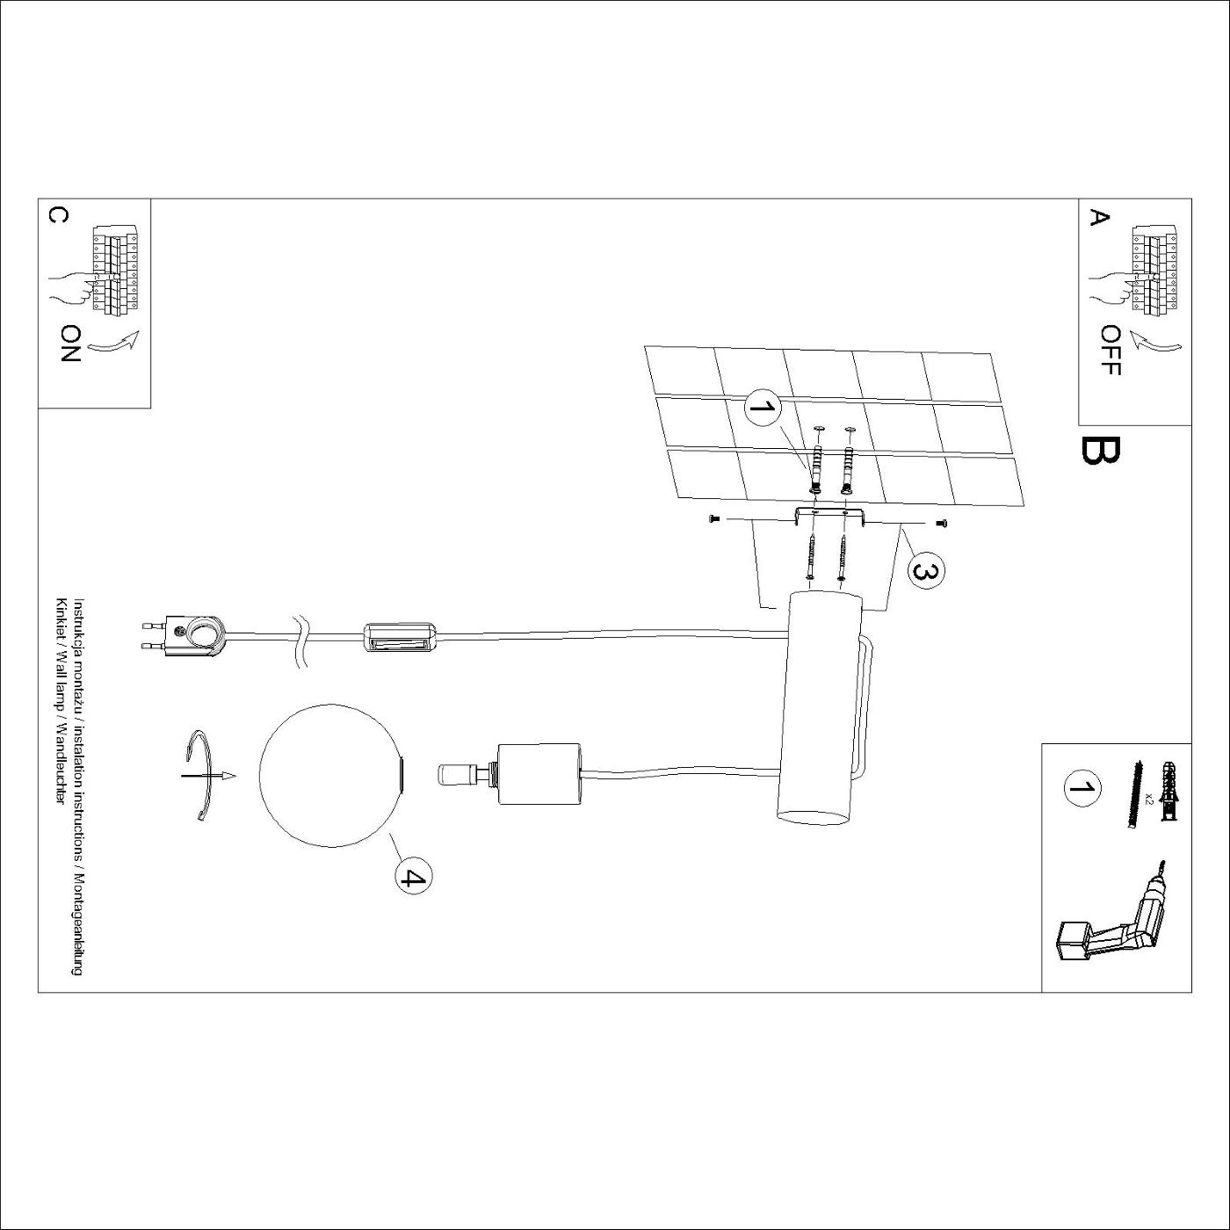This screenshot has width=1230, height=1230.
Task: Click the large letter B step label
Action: click(x=1100, y=451)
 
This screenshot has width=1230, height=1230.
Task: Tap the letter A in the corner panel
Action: click(x=1099, y=218)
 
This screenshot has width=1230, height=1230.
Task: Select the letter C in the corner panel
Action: click(x=58, y=216)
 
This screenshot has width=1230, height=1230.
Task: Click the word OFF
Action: click(x=1111, y=351)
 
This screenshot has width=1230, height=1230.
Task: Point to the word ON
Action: click(x=70, y=344)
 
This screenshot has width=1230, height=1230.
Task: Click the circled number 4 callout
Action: click(x=412, y=878)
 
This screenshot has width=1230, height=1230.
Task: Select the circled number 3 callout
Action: click(x=925, y=569)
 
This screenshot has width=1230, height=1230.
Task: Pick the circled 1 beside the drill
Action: click(x=1082, y=786)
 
